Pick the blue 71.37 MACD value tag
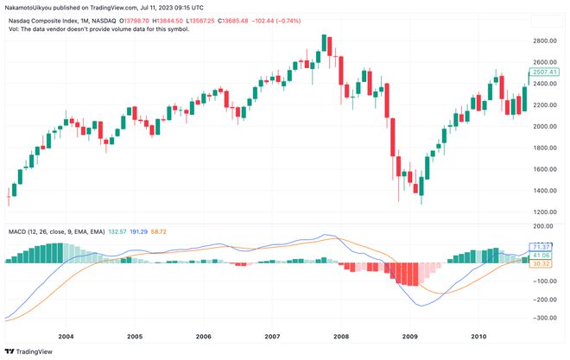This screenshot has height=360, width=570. [x=541, y=248]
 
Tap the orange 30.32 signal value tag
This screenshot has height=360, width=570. [x=541, y=264]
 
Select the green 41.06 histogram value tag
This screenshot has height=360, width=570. [x=541, y=256]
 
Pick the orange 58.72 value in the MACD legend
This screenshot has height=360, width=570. [x=158, y=232]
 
